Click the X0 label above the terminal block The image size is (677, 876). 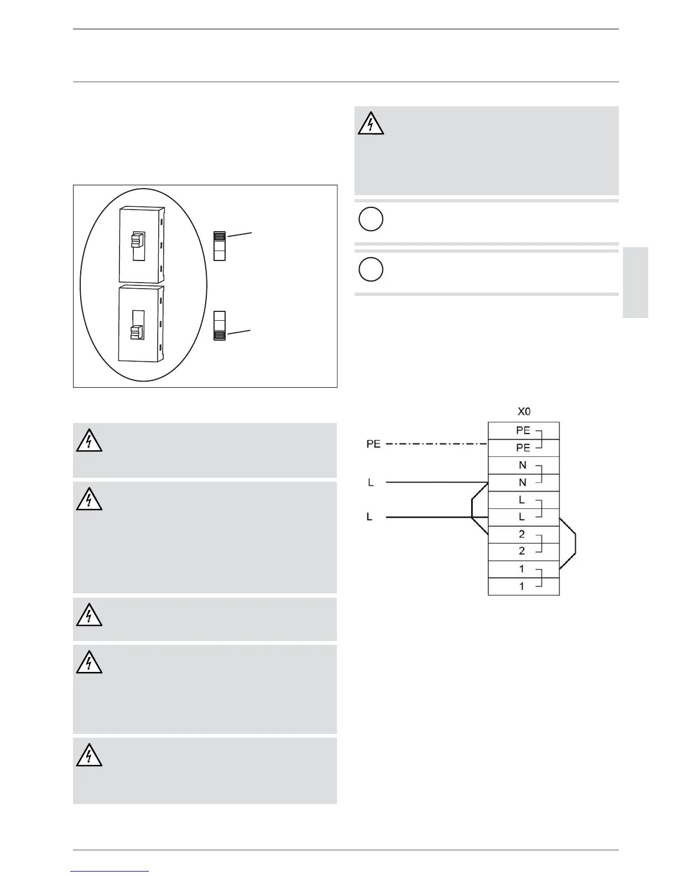coord(524,412)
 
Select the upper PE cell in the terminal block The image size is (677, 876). coord(523,431)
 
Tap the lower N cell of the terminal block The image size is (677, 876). coord(523,482)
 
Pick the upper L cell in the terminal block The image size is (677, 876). coord(523,500)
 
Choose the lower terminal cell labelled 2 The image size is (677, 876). coord(523,551)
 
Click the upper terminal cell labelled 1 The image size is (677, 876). coord(523,569)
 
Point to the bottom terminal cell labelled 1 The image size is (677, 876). coord(523,586)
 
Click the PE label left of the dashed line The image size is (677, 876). coord(373,444)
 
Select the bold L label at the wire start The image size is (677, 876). coord(369,517)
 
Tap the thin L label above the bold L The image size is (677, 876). coord(371,483)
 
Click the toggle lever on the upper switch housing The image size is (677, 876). coord(137,240)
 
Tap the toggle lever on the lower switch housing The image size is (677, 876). coord(137,332)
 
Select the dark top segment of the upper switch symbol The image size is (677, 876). coord(220,237)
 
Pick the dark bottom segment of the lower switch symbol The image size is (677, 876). coord(220,335)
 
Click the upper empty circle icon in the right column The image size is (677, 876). coord(371,219)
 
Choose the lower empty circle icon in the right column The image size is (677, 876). coord(371,269)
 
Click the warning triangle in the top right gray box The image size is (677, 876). coord(371,124)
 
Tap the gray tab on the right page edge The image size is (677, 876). coord(635,283)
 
